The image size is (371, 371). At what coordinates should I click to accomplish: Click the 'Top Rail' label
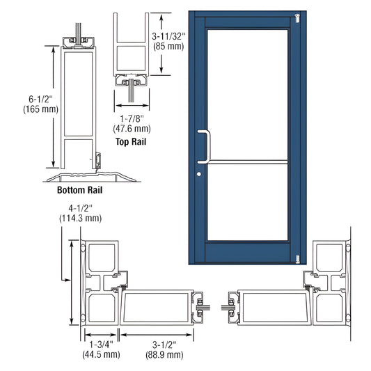coord(131,142)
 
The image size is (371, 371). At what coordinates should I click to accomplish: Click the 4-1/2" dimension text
coord(82,207)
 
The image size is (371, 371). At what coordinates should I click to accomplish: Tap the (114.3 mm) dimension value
coord(82,218)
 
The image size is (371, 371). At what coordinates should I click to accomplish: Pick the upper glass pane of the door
coord(247,94)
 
